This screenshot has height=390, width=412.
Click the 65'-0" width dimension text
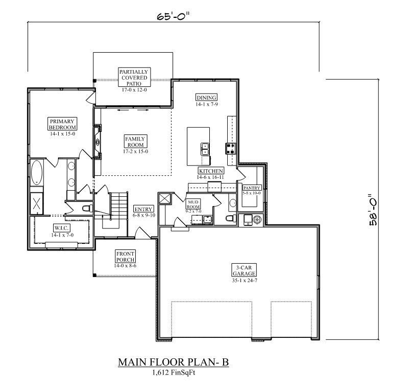point(173,16)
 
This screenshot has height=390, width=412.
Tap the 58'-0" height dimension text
point(373,210)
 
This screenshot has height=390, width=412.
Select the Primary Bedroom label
point(62,124)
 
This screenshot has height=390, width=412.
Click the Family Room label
point(136,142)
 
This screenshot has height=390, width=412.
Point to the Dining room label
point(207,98)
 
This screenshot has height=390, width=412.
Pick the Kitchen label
point(211,171)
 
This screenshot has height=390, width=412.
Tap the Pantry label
point(252,188)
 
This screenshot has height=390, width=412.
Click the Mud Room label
point(193,204)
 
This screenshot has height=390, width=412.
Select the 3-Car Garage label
point(244,270)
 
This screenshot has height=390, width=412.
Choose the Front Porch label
point(125,257)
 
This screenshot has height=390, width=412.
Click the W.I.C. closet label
point(62,228)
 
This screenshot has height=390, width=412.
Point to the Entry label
point(143,209)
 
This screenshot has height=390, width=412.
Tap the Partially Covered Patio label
point(134,78)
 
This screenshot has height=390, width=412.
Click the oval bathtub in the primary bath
point(37,173)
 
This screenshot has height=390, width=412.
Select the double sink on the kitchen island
point(205,149)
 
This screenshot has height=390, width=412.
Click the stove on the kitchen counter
point(230,149)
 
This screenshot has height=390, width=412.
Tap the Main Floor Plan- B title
point(174,362)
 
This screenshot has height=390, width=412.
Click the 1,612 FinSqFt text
point(174,373)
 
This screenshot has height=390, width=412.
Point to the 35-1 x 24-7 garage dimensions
point(245,280)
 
